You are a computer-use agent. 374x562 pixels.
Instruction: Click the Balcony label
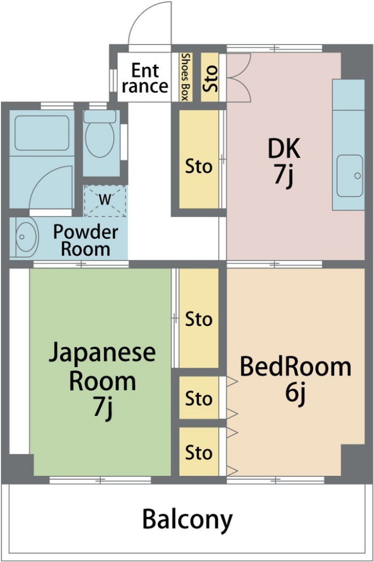tap(187, 519)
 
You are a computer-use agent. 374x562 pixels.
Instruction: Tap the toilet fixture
tap(100, 133)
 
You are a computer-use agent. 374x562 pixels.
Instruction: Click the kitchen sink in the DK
tap(350, 176)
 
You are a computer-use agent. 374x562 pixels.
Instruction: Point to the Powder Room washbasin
tap(24, 237)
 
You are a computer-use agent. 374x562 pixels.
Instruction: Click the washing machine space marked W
tap(105, 201)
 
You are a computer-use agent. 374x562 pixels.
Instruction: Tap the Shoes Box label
tap(185, 77)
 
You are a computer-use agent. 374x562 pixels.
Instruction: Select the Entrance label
tap(145, 78)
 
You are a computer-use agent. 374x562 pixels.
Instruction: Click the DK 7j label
tap(284, 162)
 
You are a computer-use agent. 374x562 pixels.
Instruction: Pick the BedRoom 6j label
tap(295, 380)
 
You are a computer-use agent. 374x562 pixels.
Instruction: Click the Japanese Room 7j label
tap(102, 380)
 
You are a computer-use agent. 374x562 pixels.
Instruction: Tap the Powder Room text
tap(85, 240)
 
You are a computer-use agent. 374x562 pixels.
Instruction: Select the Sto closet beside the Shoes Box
tap(209, 77)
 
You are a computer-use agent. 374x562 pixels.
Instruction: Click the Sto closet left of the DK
tap(199, 159)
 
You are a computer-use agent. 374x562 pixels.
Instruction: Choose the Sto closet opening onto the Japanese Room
tap(199, 318)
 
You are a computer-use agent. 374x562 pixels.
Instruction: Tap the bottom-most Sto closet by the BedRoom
tap(199, 452)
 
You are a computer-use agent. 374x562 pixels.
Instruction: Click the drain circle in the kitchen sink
tap(357, 176)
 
